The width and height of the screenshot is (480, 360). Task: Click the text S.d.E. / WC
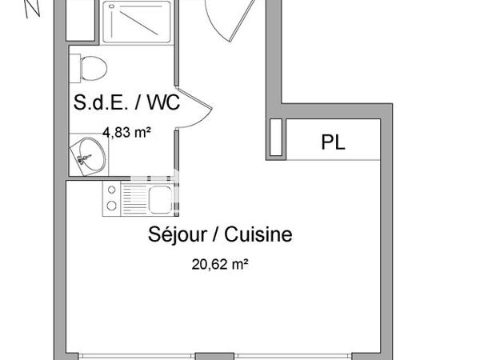[126, 103]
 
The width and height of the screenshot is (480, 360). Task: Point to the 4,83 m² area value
[126, 133]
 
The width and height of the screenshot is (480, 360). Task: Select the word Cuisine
[258, 235]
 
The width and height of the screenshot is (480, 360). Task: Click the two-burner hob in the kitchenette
[111, 198]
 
